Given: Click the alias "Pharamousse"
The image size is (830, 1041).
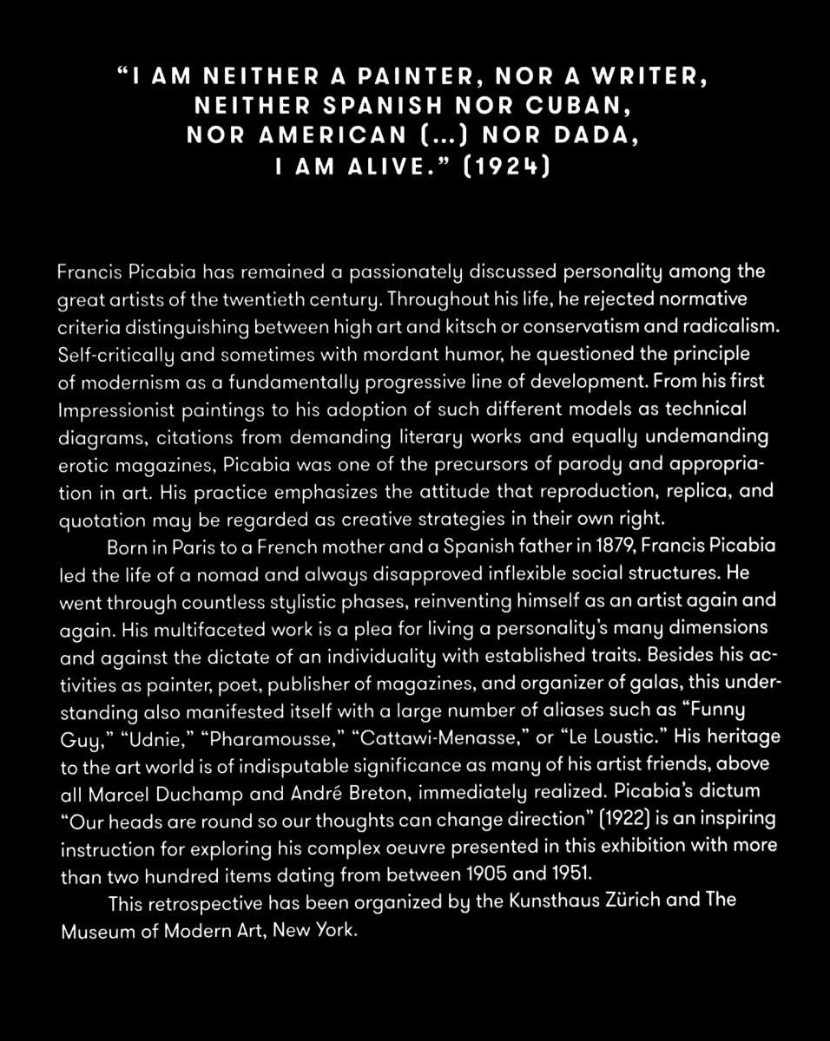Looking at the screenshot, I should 270,737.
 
